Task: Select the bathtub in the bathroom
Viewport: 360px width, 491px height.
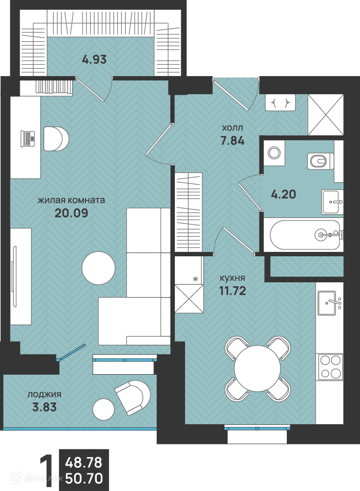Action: point(305,235)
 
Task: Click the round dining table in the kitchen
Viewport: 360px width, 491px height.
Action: point(257,369)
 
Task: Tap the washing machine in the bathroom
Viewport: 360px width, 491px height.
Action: point(275,153)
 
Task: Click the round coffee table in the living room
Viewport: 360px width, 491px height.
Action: point(98,268)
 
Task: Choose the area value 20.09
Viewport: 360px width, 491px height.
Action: point(71,213)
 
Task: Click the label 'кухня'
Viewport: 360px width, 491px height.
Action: point(232,278)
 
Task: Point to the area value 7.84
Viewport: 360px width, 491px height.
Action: point(232,140)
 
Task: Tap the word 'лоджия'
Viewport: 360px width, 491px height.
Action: point(44,395)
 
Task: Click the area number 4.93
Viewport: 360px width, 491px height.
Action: point(94,59)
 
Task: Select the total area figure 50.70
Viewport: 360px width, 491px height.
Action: point(84,478)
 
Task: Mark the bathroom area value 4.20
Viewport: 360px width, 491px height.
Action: point(283,194)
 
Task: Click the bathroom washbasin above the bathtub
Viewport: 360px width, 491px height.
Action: point(332,202)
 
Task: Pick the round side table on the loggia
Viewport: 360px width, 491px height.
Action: point(104,409)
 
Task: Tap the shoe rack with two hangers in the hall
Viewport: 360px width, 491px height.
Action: point(280,102)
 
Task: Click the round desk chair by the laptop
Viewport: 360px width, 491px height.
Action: point(56,138)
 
